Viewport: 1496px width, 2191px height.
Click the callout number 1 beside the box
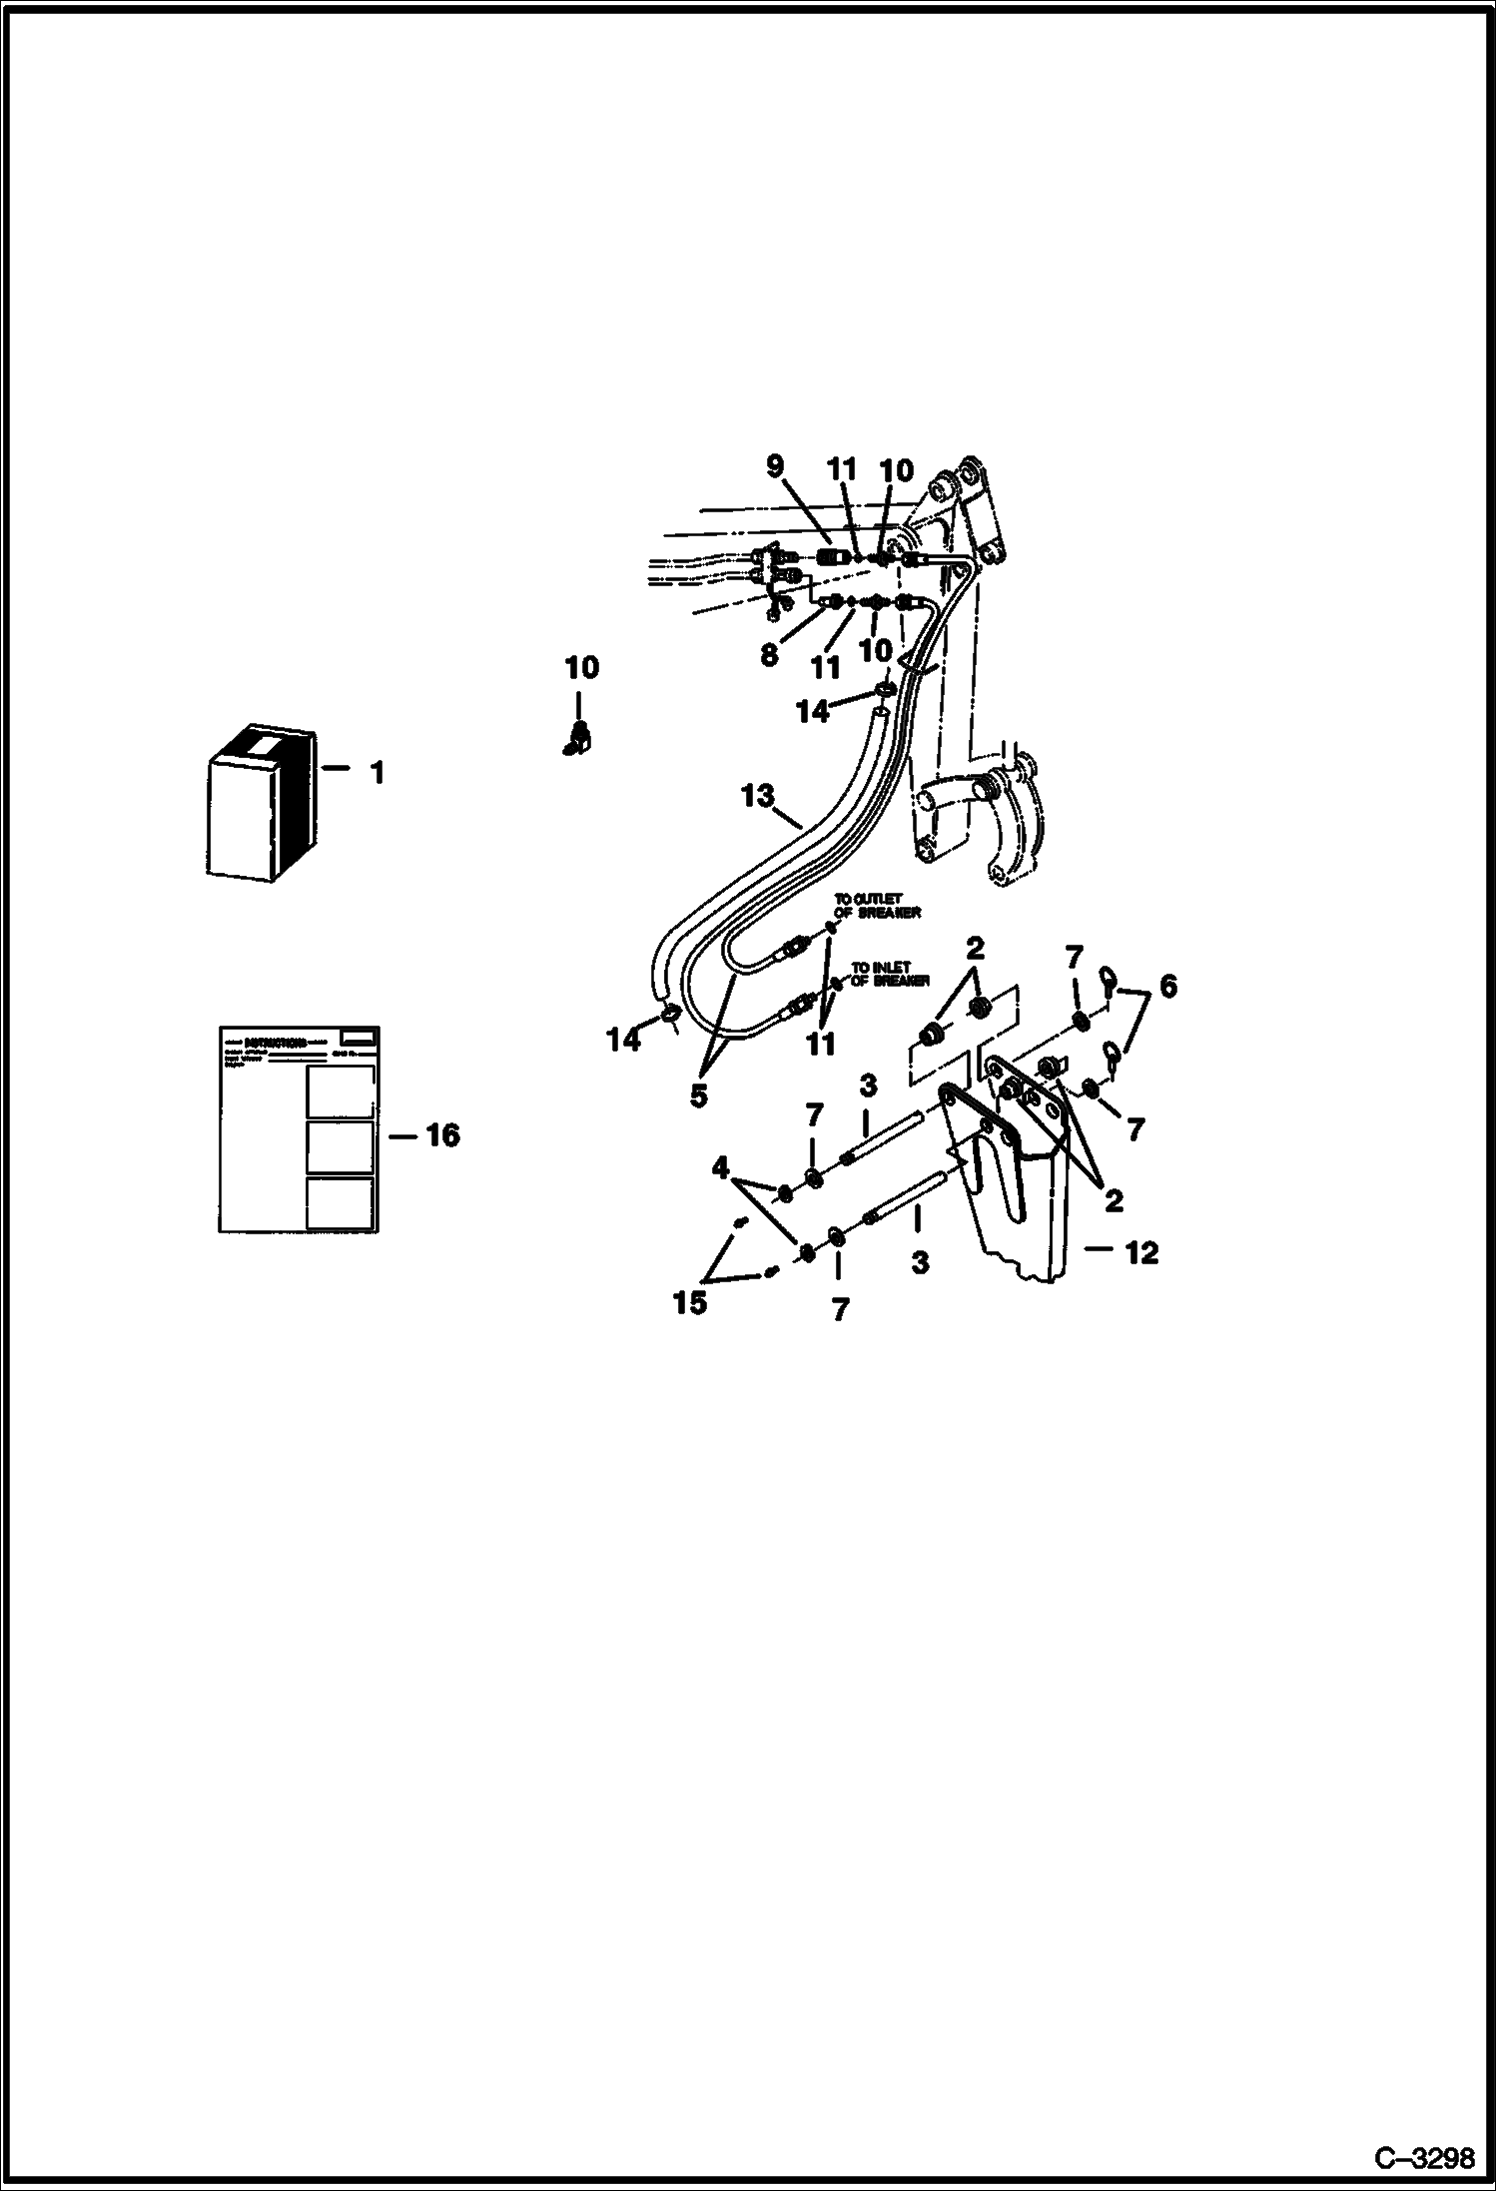(376, 772)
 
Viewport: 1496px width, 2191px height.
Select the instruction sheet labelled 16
(299, 1129)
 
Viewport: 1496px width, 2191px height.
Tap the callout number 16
(442, 1135)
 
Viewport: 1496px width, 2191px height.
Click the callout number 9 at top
(775, 467)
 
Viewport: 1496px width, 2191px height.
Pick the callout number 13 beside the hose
(758, 796)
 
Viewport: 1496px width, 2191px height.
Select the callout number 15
(690, 1303)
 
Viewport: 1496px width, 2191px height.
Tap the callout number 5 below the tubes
(698, 1095)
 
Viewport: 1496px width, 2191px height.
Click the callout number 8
(768, 654)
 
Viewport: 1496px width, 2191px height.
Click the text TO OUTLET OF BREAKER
(877, 906)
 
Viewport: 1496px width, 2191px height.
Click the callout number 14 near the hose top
(812, 712)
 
